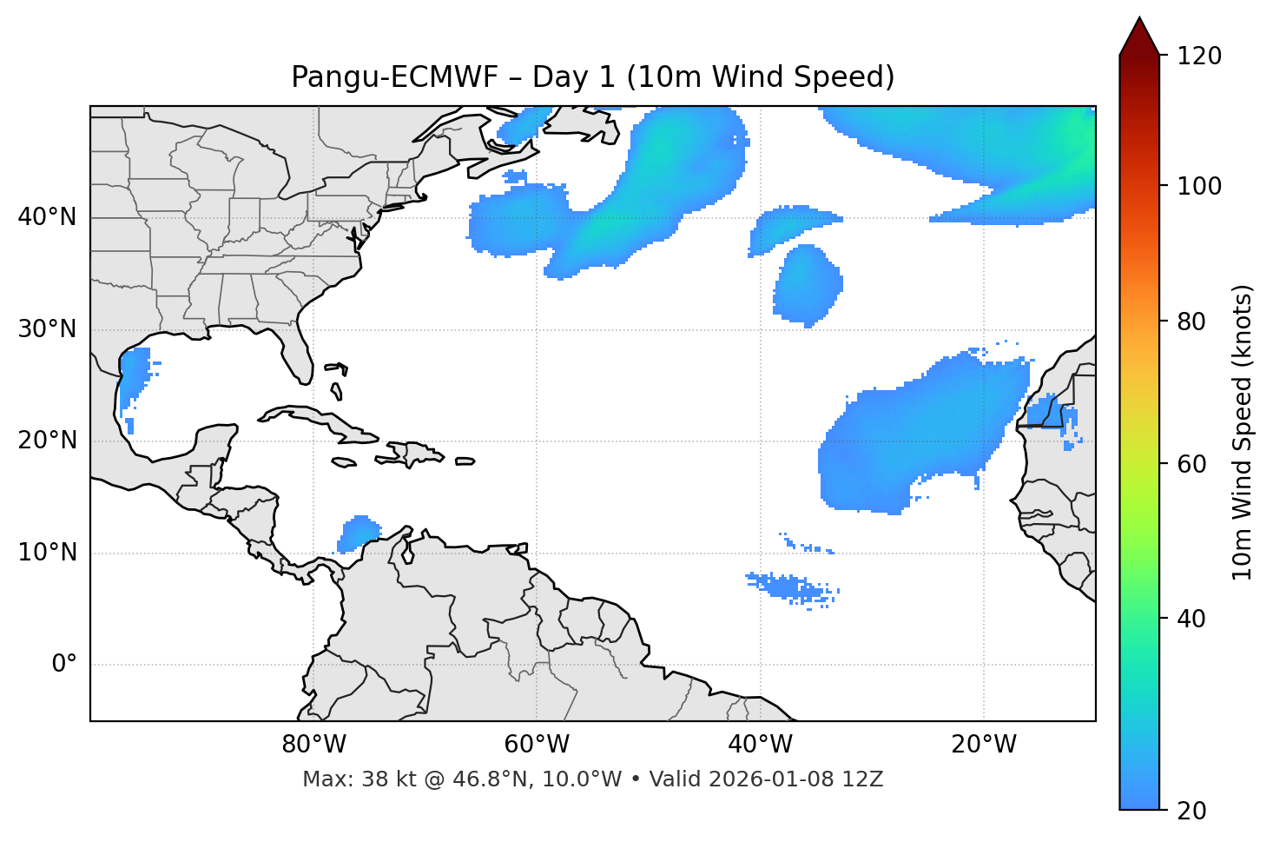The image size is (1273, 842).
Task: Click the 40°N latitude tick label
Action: click(x=47, y=217)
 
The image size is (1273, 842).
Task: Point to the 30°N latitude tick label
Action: click(x=47, y=329)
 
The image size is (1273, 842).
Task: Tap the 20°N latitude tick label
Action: click(x=47, y=441)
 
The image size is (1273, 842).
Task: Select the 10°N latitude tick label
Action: click(x=47, y=553)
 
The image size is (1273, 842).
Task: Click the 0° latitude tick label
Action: click(x=64, y=665)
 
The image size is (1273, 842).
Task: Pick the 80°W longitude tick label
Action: click(x=313, y=745)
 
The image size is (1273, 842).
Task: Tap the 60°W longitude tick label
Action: click(x=537, y=745)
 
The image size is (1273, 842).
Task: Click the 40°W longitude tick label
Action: click(x=760, y=745)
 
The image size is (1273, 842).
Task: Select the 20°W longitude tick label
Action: click(x=984, y=745)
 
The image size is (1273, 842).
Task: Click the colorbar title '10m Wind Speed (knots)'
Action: click(x=1243, y=433)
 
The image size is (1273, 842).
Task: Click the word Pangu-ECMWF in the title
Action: click(x=394, y=77)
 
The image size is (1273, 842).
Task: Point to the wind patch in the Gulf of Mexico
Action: click(x=134, y=374)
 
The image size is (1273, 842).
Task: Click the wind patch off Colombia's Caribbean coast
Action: click(x=358, y=533)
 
